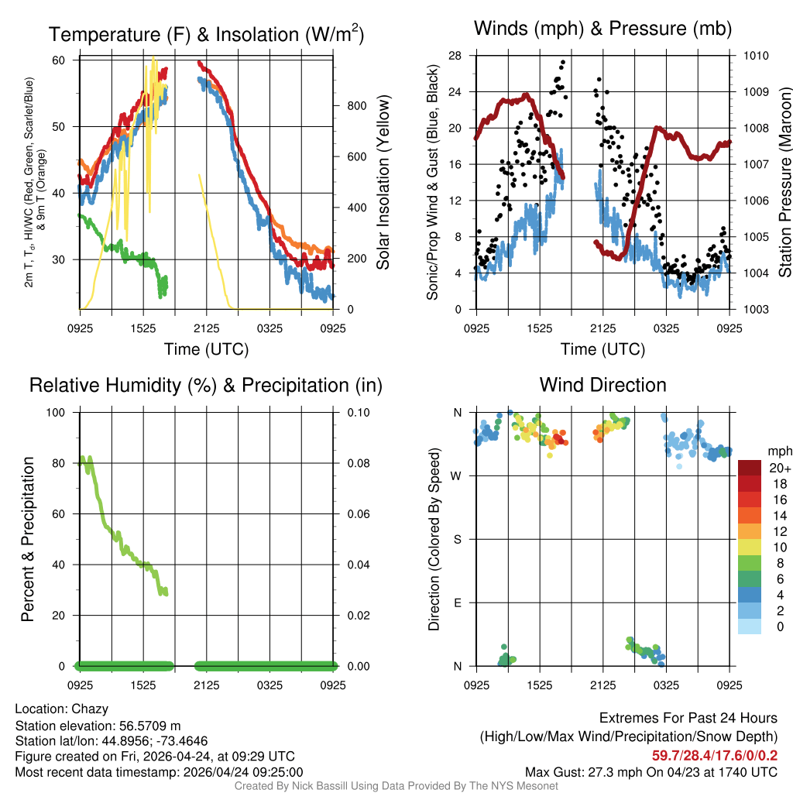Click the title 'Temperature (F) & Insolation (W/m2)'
(206, 35)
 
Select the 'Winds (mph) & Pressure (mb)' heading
(602, 29)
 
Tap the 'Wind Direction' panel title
(602, 385)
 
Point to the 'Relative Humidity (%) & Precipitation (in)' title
(206, 385)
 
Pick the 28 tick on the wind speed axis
(455, 56)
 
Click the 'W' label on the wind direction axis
(457, 476)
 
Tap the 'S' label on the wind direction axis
(458, 539)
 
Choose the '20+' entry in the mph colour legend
(779, 469)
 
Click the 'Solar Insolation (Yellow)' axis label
(383, 184)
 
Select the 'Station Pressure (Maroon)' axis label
(784, 184)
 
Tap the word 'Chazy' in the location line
(90, 709)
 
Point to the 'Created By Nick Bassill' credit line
(396, 786)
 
